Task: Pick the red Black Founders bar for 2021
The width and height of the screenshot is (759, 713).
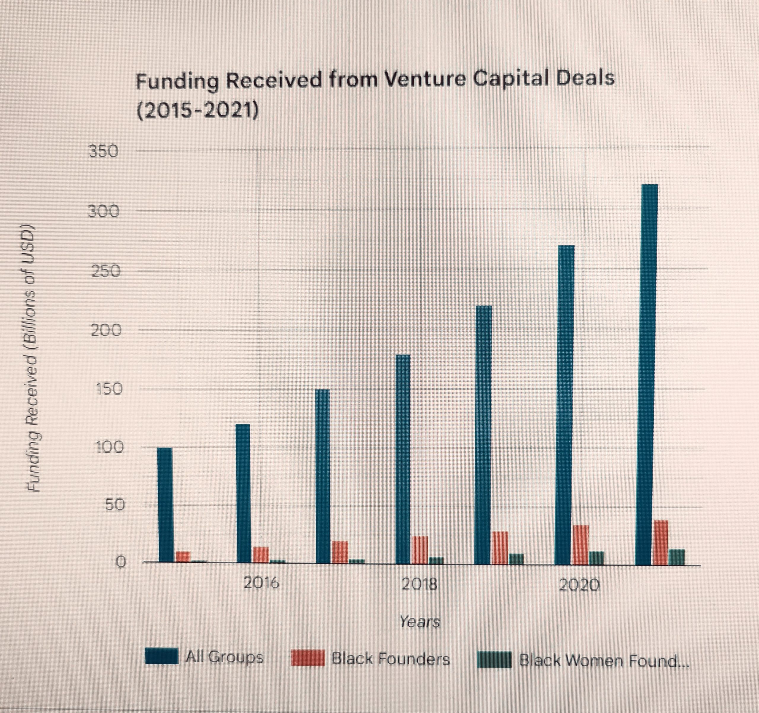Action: tap(661, 542)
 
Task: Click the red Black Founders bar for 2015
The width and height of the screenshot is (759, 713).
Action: tap(183, 557)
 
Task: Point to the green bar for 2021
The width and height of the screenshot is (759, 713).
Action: tap(677, 557)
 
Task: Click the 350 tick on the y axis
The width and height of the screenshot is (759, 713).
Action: tap(103, 151)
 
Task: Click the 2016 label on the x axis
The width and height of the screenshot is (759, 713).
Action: tap(261, 583)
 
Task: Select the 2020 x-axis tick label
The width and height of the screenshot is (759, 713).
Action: tap(579, 585)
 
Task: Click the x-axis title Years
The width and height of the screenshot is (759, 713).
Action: tap(420, 622)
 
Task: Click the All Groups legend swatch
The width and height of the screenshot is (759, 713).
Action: tap(162, 656)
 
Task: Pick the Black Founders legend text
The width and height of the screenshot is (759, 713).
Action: tap(390, 659)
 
